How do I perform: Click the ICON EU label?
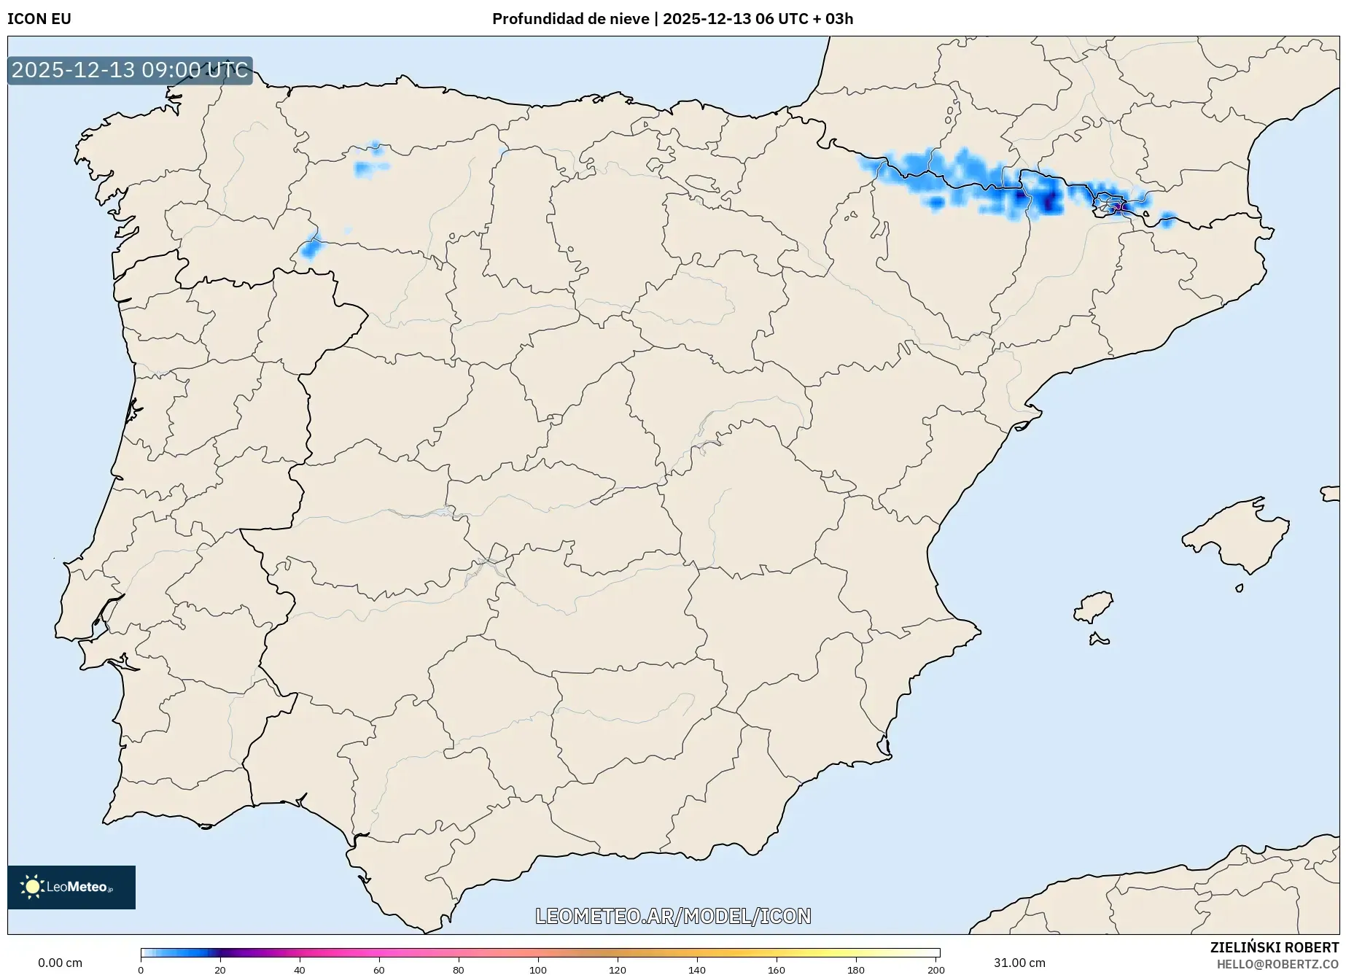[39, 19]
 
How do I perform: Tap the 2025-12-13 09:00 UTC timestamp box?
[130, 70]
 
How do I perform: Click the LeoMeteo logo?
[71, 887]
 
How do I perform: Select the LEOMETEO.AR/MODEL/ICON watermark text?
[673, 916]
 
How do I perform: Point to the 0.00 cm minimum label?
[60, 963]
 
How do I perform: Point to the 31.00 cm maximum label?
[1019, 963]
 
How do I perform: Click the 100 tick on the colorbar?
[538, 970]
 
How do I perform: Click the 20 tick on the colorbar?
[220, 970]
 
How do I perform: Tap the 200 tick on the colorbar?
[935, 970]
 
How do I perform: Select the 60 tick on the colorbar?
[379, 970]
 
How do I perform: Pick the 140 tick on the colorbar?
[697, 970]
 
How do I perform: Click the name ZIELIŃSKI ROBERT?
[1275, 947]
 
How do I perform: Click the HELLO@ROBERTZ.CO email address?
[1277, 964]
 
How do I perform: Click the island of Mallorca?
[1236, 536]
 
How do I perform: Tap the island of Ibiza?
[1094, 607]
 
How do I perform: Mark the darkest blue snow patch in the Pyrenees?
[1049, 201]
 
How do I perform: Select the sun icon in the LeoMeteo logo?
[32, 887]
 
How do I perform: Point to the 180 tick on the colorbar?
[856, 970]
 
